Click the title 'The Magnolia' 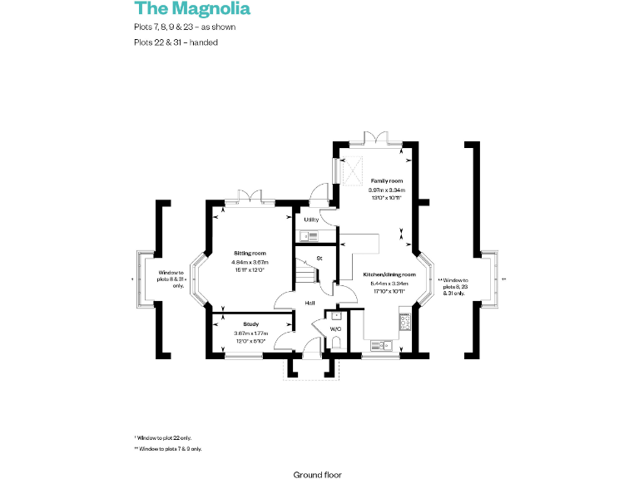tap(192, 9)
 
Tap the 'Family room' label tap(387, 180)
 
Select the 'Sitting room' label tap(250, 252)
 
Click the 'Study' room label tap(250, 323)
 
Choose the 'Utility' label tap(311, 219)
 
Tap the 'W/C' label tap(336, 329)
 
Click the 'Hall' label tap(309, 303)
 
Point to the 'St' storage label tap(319, 259)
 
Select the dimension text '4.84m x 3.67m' tap(250, 262)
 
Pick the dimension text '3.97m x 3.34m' tap(387, 190)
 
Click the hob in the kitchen tap(406, 320)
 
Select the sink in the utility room tap(308, 236)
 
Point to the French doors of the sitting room tap(249, 196)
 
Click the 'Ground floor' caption tap(317, 475)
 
